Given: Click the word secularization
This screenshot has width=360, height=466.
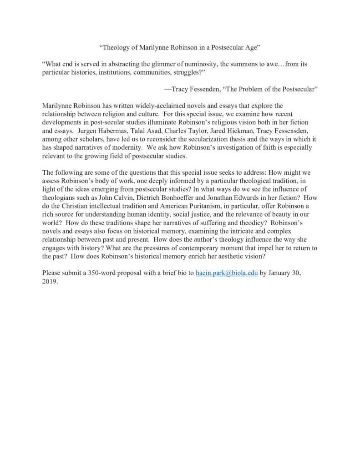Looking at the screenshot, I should [x=228, y=141].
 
